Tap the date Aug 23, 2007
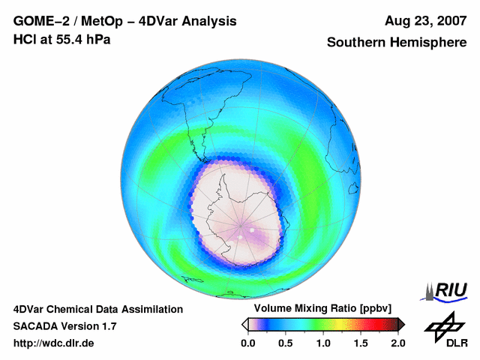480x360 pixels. (426, 21)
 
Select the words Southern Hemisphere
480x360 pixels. (397, 43)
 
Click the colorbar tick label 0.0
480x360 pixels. (247, 343)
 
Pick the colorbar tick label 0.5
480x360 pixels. (285, 343)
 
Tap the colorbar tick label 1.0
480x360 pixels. (322, 343)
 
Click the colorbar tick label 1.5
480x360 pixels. (360, 343)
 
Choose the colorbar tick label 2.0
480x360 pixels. (397, 343)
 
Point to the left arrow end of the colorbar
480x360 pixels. (244, 324)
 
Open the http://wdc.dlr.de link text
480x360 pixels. (54, 343)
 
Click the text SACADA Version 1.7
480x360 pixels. (64, 326)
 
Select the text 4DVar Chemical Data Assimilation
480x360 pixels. (97, 309)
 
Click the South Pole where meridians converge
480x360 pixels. (241, 225)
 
